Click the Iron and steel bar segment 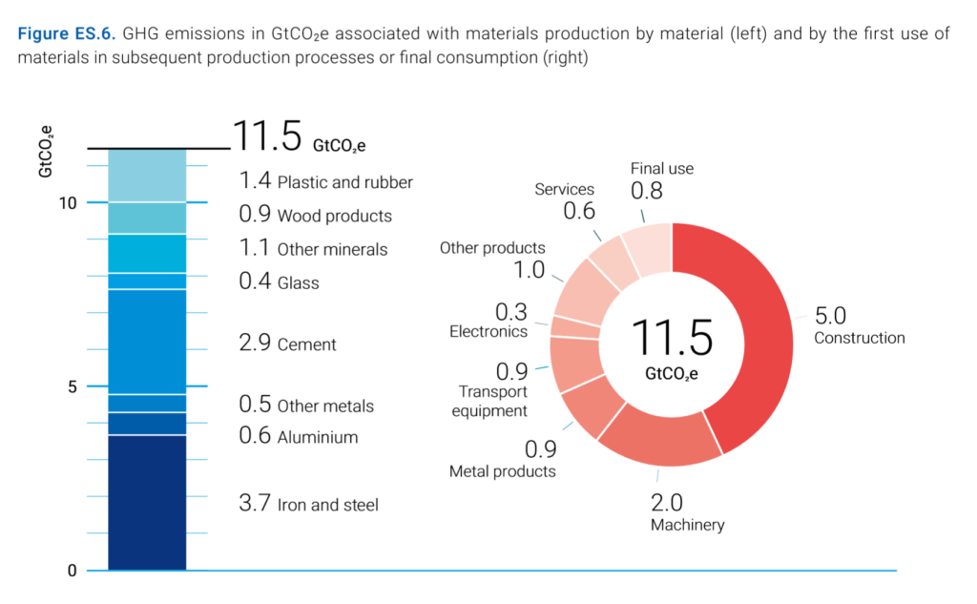147,503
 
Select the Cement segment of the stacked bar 147,342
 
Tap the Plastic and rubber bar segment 147,176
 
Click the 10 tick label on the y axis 66,202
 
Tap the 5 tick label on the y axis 71,386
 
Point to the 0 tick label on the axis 71,571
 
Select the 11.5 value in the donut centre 672,338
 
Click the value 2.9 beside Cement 255,344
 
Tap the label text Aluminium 318,438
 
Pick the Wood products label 334,217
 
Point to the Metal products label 503,471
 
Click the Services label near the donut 564,190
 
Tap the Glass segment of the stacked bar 147,281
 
